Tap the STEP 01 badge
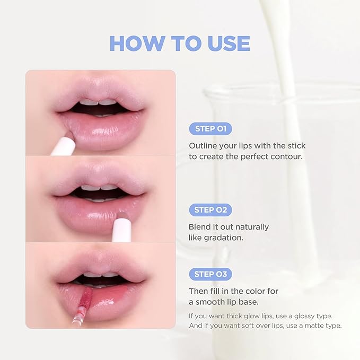[x=210, y=129]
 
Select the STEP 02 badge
[x=210, y=210]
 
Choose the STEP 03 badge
[x=210, y=275]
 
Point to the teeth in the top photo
[x=100, y=102]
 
